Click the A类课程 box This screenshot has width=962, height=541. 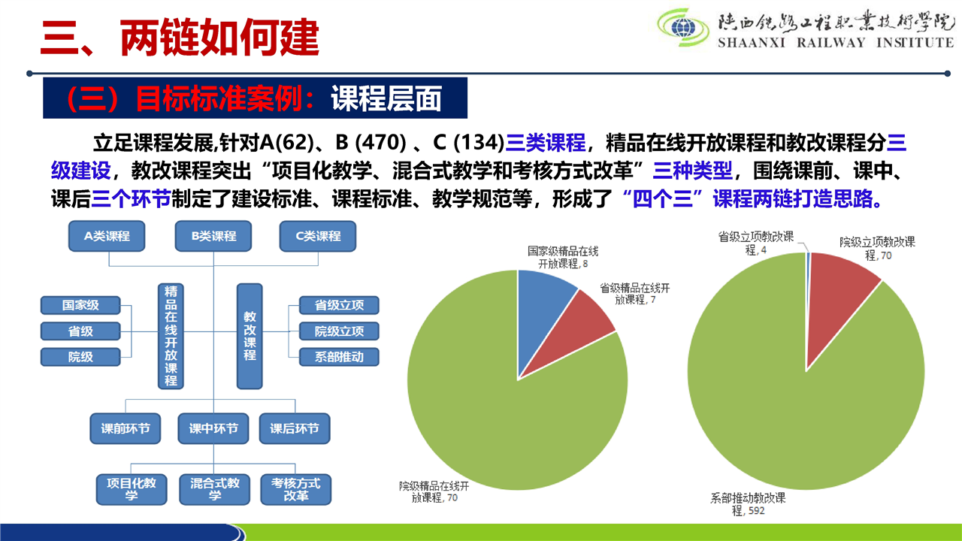[x=107, y=236]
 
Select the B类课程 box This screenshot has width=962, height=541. [x=213, y=236]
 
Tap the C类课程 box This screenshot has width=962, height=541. [x=318, y=236]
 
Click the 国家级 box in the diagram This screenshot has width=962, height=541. [x=80, y=305]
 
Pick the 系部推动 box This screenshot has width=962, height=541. [x=339, y=357]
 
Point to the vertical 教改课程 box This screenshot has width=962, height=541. [x=250, y=336]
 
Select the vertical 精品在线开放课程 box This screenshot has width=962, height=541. [x=171, y=336]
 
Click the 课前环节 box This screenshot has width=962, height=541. [x=126, y=428]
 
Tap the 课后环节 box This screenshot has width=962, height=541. [x=295, y=428]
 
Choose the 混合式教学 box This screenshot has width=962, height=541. [x=215, y=489]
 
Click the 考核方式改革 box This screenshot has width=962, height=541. [x=296, y=489]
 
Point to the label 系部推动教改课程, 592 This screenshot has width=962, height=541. [x=748, y=504]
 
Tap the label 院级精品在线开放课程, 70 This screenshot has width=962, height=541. [x=434, y=491]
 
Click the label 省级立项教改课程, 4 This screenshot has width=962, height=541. [x=756, y=243]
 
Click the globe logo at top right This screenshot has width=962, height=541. [x=683, y=28]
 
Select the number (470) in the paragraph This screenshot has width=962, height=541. [x=380, y=143]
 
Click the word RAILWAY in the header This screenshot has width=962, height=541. [x=831, y=43]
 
